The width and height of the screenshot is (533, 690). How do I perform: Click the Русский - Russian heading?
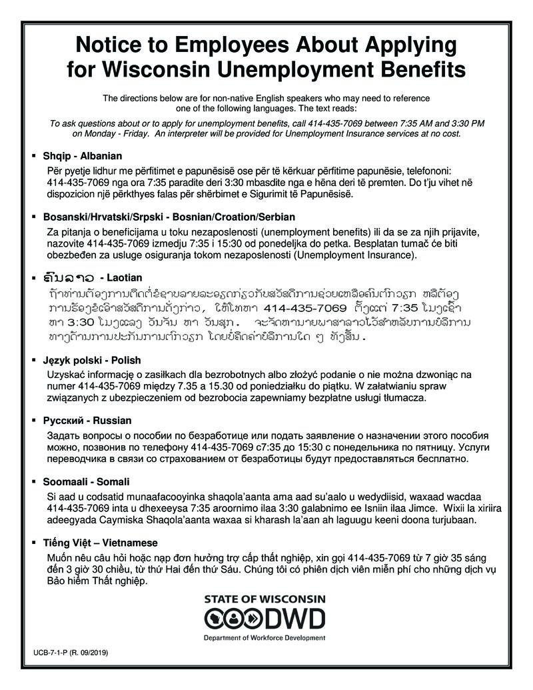pyautogui.click(x=87, y=421)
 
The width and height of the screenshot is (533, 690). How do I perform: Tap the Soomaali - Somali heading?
pyautogui.click(x=86, y=481)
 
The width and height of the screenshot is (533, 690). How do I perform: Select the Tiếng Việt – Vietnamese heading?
pyautogui.click(x=100, y=543)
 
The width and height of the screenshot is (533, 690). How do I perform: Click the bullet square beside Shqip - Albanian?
pyautogui.click(x=34, y=156)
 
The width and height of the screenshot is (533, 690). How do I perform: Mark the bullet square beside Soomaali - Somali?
pyautogui.click(x=34, y=481)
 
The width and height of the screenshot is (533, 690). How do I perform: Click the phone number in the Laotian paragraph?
pyautogui.click(x=306, y=309)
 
